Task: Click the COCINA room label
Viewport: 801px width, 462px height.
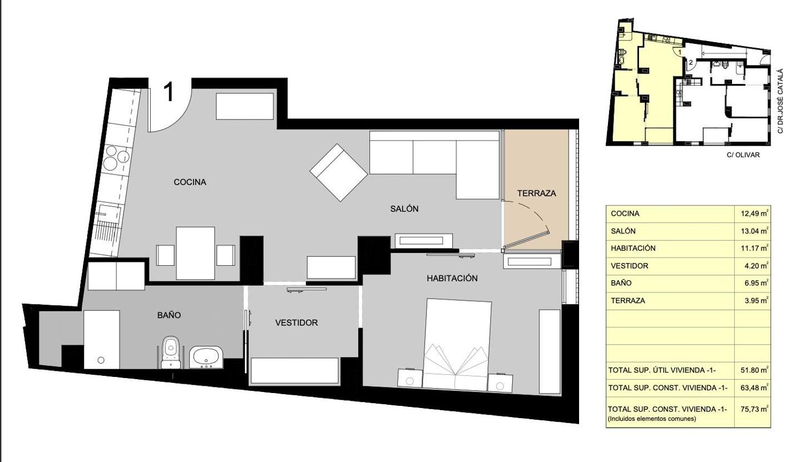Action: click(190, 182)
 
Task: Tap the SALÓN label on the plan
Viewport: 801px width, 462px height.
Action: click(404, 208)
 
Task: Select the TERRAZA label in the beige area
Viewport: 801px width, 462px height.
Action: click(537, 193)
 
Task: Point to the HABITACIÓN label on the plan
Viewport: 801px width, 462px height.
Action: click(452, 278)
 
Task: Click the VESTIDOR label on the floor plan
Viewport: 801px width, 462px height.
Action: click(296, 322)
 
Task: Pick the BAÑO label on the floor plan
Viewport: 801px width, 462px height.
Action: click(169, 315)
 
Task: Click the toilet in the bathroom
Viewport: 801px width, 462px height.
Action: click(170, 352)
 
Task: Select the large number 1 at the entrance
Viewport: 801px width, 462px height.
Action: click(169, 92)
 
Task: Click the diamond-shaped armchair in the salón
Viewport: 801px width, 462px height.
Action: click(339, 172)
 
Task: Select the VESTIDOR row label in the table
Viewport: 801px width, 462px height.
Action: click(629, 266)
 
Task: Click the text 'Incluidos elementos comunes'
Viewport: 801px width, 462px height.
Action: click(651, 419)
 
